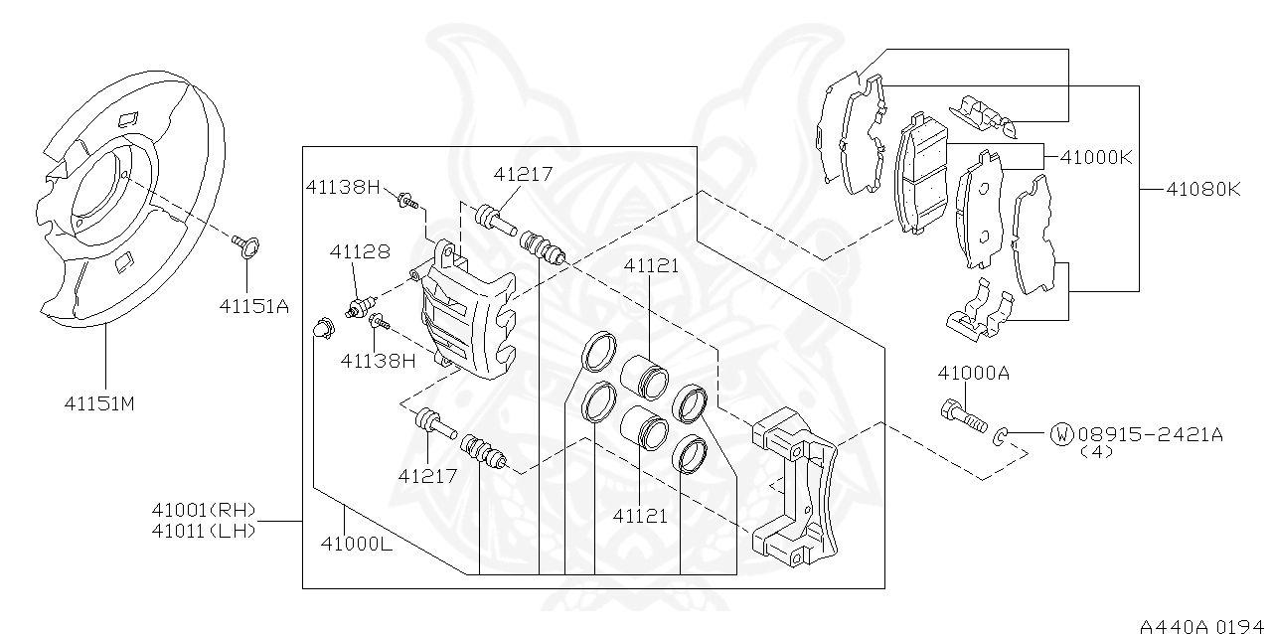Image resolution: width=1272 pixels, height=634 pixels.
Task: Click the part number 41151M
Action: (98, 403)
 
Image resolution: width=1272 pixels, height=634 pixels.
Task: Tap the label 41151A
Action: (253, 306)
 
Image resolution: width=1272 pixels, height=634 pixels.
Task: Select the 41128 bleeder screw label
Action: (360, 252)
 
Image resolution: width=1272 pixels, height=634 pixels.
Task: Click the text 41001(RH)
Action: (204, 511)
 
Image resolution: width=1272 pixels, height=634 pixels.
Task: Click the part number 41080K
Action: (1204, 188)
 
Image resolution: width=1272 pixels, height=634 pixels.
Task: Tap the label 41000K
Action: (1096, 157)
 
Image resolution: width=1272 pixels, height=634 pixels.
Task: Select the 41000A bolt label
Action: (973, 373)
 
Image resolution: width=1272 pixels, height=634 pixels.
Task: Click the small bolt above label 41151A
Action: (243, 243)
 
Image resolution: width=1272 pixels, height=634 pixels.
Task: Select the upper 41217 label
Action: (523, 174)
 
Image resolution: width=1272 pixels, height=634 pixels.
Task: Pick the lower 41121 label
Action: (641, 516)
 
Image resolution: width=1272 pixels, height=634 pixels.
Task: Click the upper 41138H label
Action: (343, 186)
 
